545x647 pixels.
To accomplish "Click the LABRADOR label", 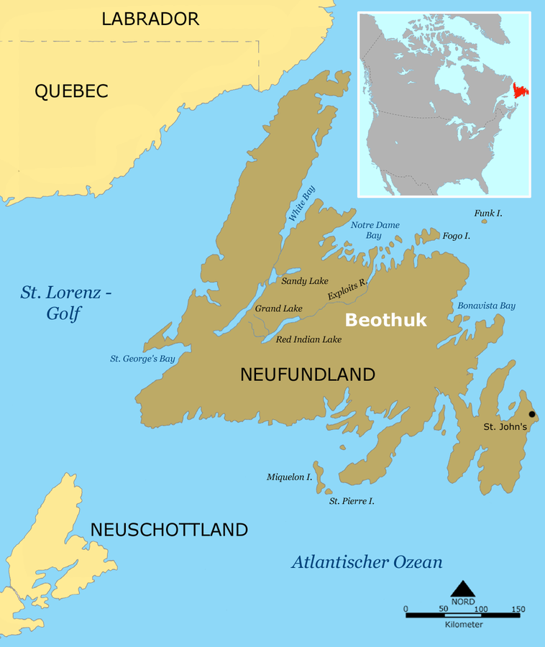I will tap(150, 19).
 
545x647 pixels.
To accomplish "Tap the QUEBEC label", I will tap(71, 91).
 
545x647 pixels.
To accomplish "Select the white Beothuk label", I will tap(385, 321).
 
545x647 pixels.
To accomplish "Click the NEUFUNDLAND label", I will tap(308, 375).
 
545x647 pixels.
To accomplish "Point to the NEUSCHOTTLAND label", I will tap(169, 531).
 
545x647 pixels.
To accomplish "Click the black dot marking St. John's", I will tap(532, 414).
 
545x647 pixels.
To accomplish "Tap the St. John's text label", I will tap(505, 427).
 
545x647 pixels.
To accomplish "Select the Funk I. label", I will tap(488, 214).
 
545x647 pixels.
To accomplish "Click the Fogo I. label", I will tap(457, 236).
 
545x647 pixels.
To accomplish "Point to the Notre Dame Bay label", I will tap(375, 230).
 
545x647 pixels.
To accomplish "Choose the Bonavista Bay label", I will tap(486, 306).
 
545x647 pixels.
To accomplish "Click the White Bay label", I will tap(301, 203).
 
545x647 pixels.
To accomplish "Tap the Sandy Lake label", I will tap(305, 281).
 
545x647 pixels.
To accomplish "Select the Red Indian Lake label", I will tap(308, 339).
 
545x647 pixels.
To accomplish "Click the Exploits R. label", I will tap(347, 290).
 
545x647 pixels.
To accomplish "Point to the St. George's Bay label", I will tap(142, 358).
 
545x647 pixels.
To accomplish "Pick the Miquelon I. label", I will tap(289, 477).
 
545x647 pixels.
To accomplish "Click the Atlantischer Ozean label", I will tap(367, 562).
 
